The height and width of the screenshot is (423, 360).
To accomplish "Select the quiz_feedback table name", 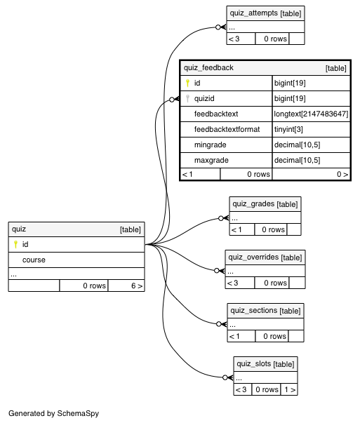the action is pyautogui.click(x=208, y=67).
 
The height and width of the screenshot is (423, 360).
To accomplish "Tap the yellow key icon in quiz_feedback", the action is pyautogui.click(x=188, y=83).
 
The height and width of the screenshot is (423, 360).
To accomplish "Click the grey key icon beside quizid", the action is pyautogui.click(x=188, y=98).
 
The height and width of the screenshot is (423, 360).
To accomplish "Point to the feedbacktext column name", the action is pyautogui.click(x=216, y=114).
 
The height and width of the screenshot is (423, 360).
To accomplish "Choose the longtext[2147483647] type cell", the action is pyautogui.click(x=311, y=114).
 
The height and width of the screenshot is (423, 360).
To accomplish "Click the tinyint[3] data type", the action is pyautogui.click(x=288, y=130).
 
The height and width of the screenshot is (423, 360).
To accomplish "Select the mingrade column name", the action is pyautogui.click(x=211, y=145).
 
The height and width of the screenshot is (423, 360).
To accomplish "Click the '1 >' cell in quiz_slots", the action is pyautogui.click(x=289, y=389).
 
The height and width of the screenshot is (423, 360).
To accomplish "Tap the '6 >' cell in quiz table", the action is pyautogui.click(x=126, y=286).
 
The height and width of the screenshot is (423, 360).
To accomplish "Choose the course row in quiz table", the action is pyautogui.click(x=76, y=260).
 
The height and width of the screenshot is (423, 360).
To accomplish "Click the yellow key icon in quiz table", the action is pyautogui.click(x=15, y=244).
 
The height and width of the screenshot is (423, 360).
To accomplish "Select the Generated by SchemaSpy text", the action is pyautogui.click(x=54, y=413).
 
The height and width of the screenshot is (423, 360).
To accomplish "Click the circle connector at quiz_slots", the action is pyautogui.click(x=225, y=377).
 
